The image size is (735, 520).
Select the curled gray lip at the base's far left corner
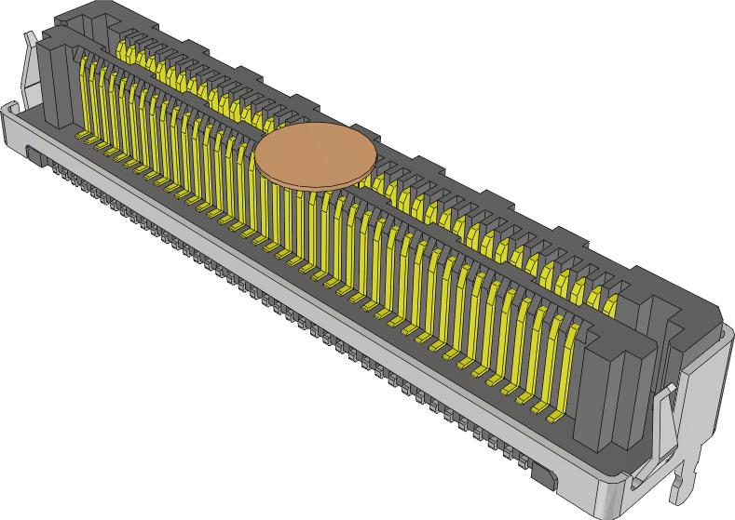coord(9,113)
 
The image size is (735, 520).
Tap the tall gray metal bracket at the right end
coord(708,391)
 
